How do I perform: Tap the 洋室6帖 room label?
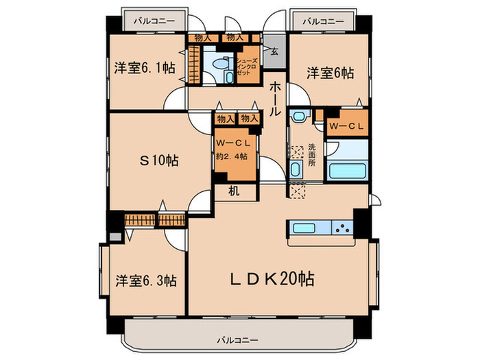pos(331,71)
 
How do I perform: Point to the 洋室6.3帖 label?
pos(146,280)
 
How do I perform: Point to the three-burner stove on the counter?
pos(342,228)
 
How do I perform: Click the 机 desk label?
pos(234,191)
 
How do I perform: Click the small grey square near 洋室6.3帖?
pos(114,237)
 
